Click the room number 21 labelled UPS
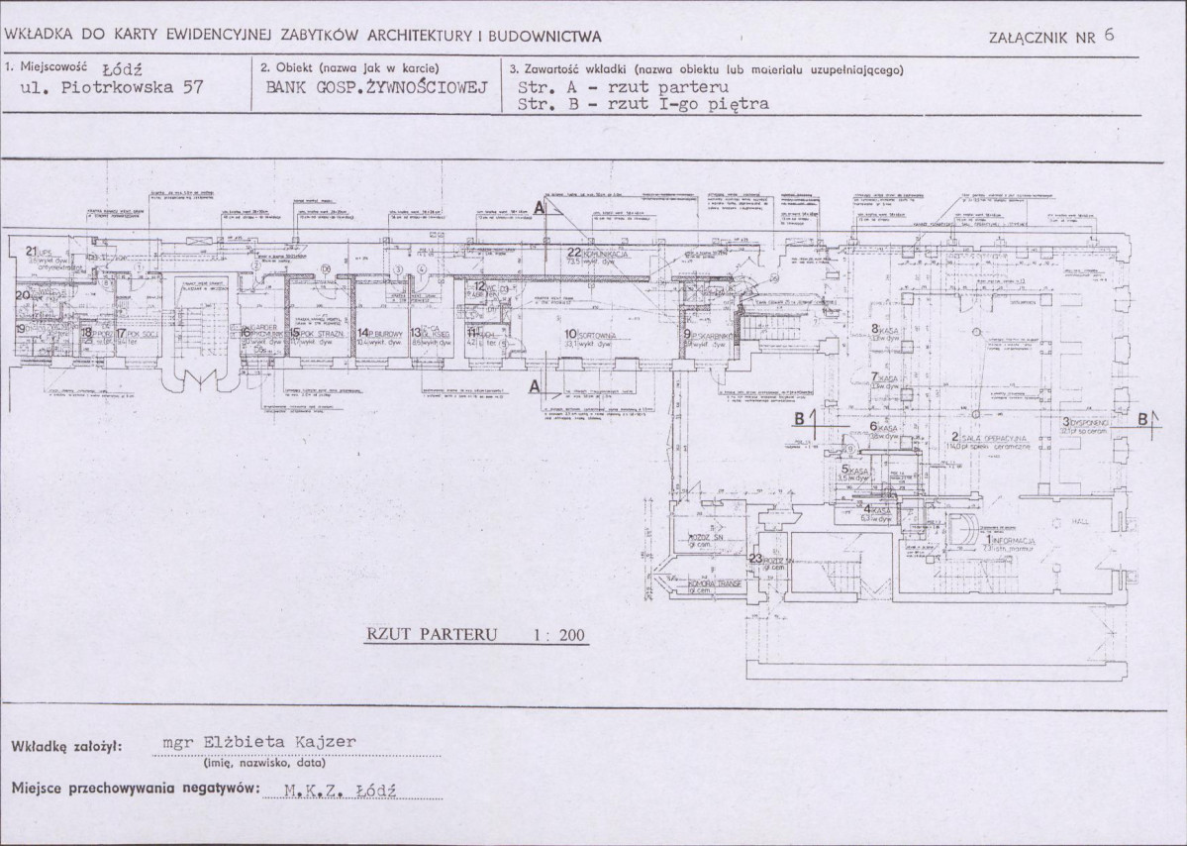click(x=37, y=252)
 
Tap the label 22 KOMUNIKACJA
click(x=598, y=253)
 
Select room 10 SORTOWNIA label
click(x=591, y=335)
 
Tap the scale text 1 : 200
click(x=559, y=636)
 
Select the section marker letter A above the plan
click(x=539, y=208)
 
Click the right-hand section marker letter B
click(x=1144, y=419)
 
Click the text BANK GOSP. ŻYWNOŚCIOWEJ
click(x=377, y=87)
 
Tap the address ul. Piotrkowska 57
click(x=111, y=87)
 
